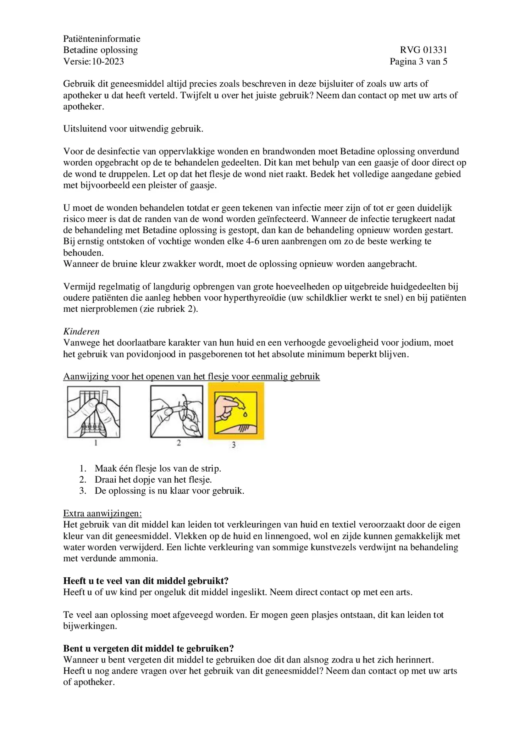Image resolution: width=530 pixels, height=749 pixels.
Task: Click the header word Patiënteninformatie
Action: [x=101, y=38]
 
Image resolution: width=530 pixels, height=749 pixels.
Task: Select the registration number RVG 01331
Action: [x=423, y=50]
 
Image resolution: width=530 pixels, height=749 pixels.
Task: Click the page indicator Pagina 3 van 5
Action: [x=418, y=61]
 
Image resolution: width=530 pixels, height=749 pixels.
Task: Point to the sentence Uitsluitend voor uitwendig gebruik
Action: [x=133, y=129]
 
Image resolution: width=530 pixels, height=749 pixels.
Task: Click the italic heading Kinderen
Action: [x=81, y=331]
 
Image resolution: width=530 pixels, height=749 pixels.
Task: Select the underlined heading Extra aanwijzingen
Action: [x=102, y=513]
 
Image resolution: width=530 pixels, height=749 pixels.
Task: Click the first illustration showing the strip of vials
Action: [x=94, y=412]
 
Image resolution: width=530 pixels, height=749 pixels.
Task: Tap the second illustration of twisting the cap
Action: [x=177, y=412]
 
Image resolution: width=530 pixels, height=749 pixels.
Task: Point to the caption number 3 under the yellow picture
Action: [x=233, y=445]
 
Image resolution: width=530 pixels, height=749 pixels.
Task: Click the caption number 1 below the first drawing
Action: [x=95, y=443]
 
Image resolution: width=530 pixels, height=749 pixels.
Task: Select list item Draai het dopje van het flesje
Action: [x=153, y=479]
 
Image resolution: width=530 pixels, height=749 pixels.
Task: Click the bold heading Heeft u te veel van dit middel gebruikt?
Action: [x=146, y=581]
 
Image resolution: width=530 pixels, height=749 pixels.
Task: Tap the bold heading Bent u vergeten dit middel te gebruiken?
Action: [x=148, y=648]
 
